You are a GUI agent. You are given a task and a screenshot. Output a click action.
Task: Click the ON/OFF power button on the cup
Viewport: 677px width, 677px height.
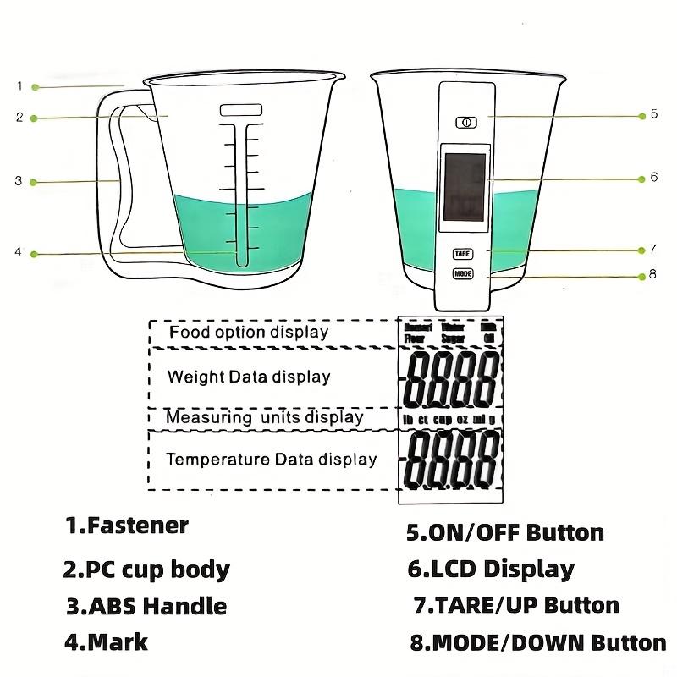(x=465, y=122)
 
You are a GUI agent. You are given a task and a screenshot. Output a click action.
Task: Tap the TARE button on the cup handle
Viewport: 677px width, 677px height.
(x=463, y=253)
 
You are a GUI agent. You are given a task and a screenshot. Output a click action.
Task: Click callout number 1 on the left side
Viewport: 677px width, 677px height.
(x=19, y=85)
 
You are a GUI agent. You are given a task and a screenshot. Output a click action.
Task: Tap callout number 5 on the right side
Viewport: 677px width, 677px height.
(x=654, y=114)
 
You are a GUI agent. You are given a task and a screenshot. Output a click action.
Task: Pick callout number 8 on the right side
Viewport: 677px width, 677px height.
(x=653, y=276)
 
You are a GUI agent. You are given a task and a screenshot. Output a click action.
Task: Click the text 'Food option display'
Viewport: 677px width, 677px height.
(x=249, y=332)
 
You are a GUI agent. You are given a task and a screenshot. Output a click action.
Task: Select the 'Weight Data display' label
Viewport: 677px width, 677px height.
(x=249, y=377)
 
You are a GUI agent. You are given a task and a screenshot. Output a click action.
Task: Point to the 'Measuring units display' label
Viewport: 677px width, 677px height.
(x=264, y=417)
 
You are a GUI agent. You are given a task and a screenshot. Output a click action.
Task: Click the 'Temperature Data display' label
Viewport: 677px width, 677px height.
(x=271, y=460)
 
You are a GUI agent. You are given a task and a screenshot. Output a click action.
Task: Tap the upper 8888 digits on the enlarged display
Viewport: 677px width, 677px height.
(x=450, y=378)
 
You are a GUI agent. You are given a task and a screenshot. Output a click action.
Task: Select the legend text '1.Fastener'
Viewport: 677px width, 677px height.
(x=127, y=526)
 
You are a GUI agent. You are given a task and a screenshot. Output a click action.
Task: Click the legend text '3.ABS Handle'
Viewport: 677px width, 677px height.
(x=146, y=606)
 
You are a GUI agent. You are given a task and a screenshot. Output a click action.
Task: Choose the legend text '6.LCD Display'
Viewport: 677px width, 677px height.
(x=491, y=570)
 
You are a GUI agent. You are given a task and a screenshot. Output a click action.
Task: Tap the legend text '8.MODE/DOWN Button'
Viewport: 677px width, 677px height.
(x=538, y=642)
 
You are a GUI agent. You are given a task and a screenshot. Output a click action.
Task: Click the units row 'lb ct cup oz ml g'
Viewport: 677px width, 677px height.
(x=449, y=418)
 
